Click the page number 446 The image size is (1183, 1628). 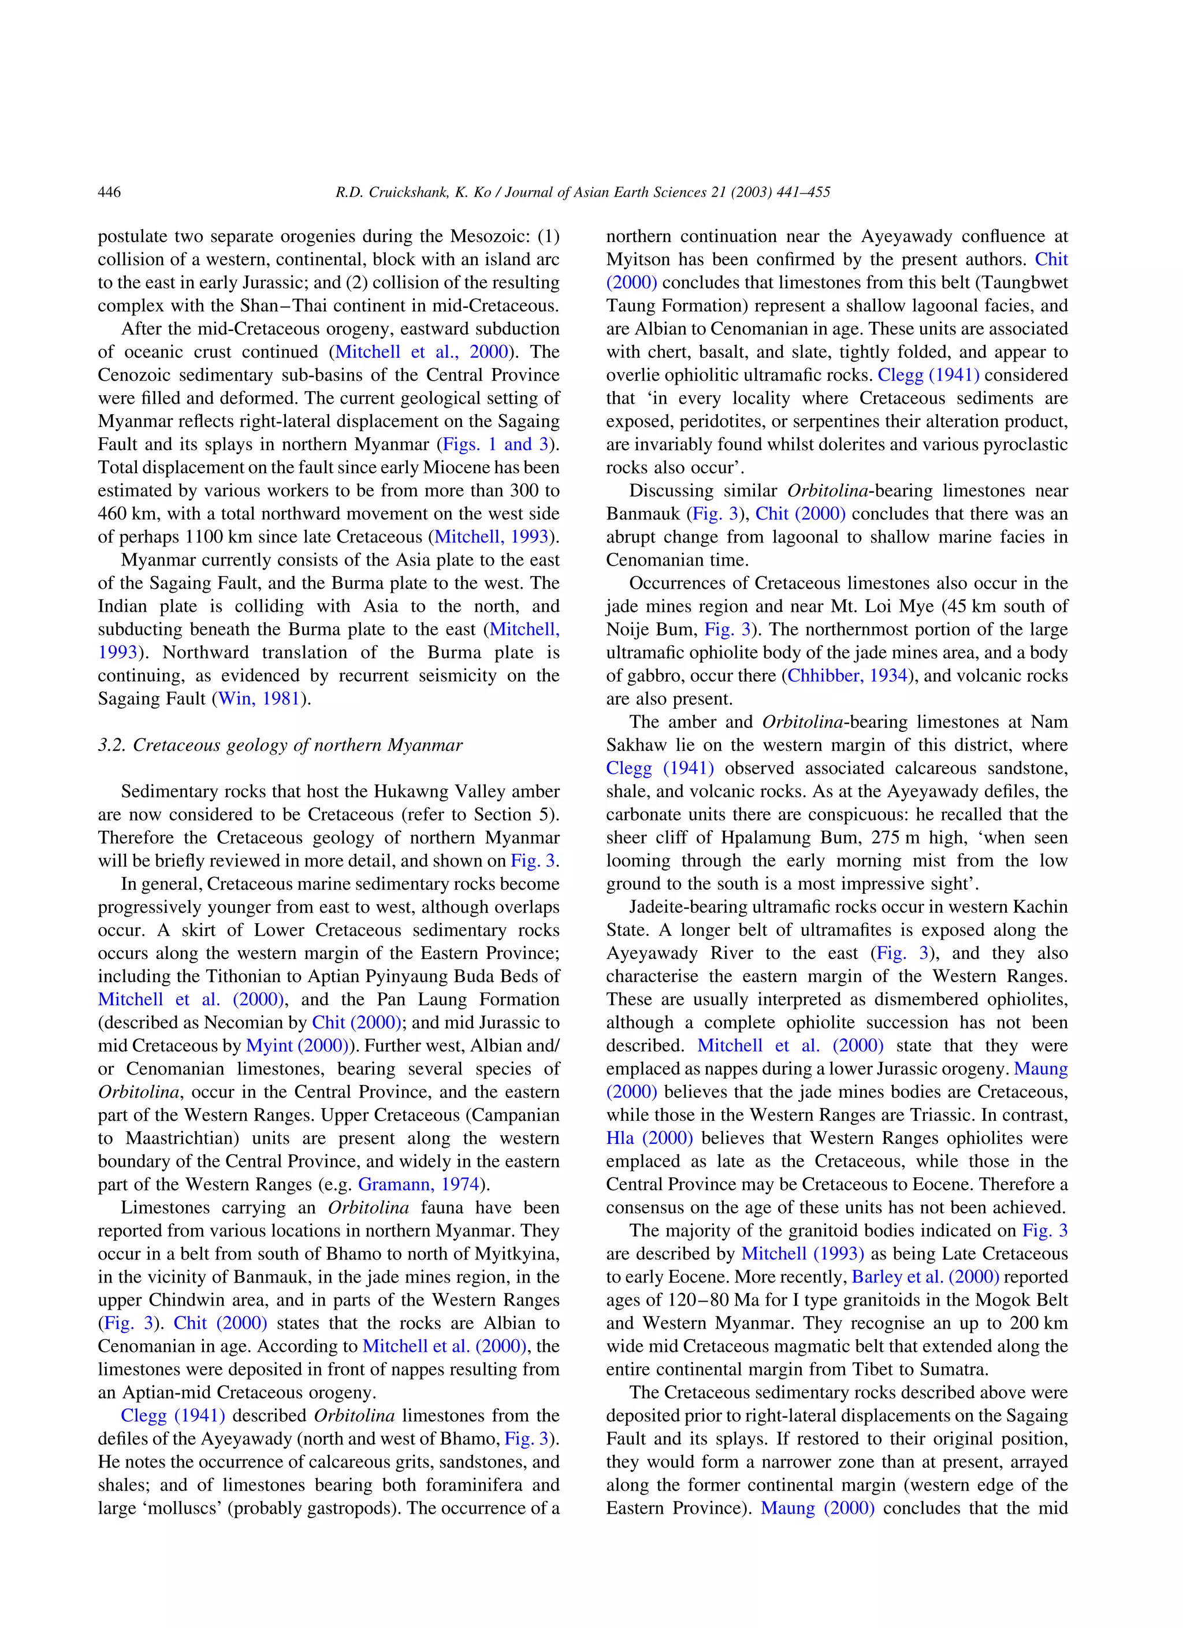pos(109,192)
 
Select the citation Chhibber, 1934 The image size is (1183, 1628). pos(847,675)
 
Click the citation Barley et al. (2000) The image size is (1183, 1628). pos(925,1276)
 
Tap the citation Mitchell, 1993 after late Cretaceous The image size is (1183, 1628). pos(492,536)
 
